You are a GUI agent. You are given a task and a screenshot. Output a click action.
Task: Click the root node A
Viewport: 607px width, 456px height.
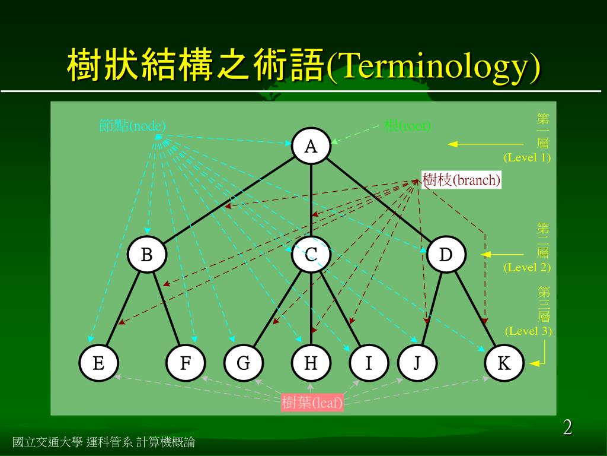pyautogui.click(x=311, y=146)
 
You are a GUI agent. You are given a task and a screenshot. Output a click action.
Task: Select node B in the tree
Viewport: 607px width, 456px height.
pyautogui.click(x=146, y=255)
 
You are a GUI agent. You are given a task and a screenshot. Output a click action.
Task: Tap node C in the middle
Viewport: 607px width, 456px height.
pyautogui.click(x=311, y=255)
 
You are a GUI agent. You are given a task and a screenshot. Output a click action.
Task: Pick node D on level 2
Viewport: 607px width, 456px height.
pyautogui.click(x=446, y=255)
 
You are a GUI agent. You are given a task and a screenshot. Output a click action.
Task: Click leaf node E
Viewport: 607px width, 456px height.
pyautogui.click(x=99, y=363)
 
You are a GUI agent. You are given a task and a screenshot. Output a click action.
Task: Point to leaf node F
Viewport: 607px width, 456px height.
pyautogui.click(x=186, y=363)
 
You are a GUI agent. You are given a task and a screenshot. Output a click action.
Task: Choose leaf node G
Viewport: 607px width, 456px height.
pyautogui.click(x=243, y=363)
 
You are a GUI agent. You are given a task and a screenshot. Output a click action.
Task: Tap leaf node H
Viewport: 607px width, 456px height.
pyautogui.click(x=311, y=363)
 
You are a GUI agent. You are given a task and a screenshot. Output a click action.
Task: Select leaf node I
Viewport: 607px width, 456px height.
pyautogui.click(x=368, y=363)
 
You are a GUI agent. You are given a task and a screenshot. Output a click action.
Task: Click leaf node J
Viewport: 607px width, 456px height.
pyautogui.click(x=417, y=363)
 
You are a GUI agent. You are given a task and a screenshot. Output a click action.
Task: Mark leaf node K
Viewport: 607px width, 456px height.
pyautogui.click(x=504, y=363)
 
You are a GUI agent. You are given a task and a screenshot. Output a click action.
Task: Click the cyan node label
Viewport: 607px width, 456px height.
pyautogui.click(x=133, y=126)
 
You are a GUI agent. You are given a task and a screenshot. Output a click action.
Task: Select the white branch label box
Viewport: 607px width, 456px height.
pyautogui.click(x=461, y=180)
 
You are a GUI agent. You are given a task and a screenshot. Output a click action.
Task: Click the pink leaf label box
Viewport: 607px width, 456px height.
pyautogui.click(x=312, y=403)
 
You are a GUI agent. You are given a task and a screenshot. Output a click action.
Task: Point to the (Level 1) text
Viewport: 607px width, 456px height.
pyautogui.click(x=527, y=158)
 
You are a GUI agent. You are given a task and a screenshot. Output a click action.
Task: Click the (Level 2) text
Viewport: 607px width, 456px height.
pyautogui.click(x=527, y=267)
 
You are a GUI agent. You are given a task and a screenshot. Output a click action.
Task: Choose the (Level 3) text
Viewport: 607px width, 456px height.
pyautogui.click(x=528, y=331)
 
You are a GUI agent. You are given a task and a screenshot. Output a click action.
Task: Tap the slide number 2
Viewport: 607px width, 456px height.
pyautogui.click(x=567, y=427)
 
